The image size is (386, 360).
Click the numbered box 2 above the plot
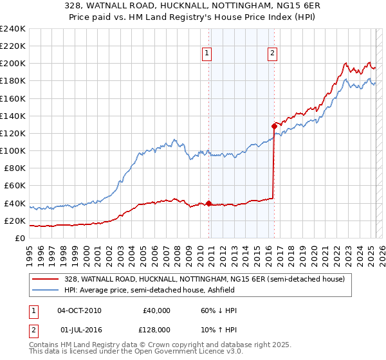pos(273,54)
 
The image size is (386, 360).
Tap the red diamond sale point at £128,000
pos(274,127)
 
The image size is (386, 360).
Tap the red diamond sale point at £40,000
pos(209,204)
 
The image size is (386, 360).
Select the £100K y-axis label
pos(13,150)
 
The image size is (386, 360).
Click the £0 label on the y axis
pos(20,238)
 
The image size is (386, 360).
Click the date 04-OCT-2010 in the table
pos(79,310)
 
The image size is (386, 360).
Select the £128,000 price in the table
pos(156,330)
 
